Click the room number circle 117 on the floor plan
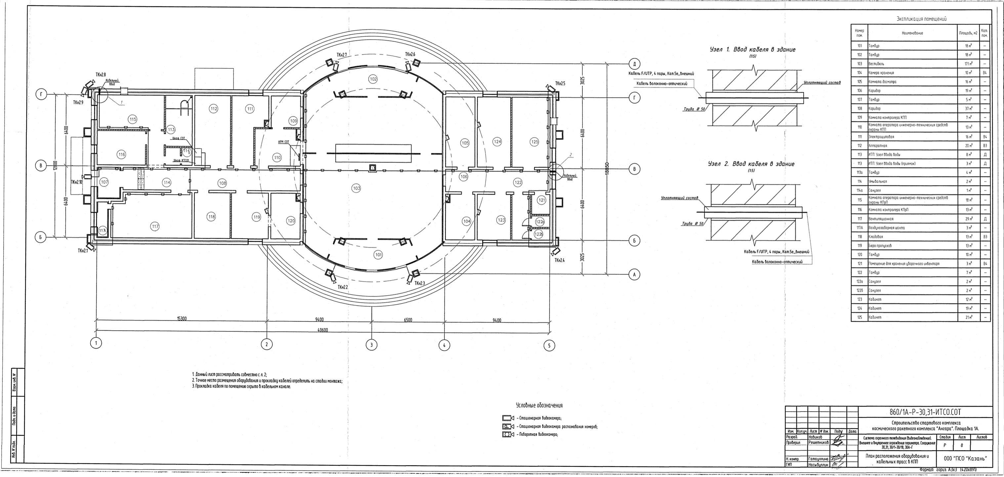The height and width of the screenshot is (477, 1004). (155, 226)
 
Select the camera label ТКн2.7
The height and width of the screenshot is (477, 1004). (344, 55)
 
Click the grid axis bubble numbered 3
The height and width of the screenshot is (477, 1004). (372, 344)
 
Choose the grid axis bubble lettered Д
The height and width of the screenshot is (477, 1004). (635, 64)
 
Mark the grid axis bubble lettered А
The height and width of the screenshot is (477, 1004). (635, 275)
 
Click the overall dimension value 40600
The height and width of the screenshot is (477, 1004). (322, 330)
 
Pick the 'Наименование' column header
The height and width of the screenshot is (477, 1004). (909, 33)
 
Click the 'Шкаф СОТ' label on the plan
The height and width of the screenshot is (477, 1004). (180, 138)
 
